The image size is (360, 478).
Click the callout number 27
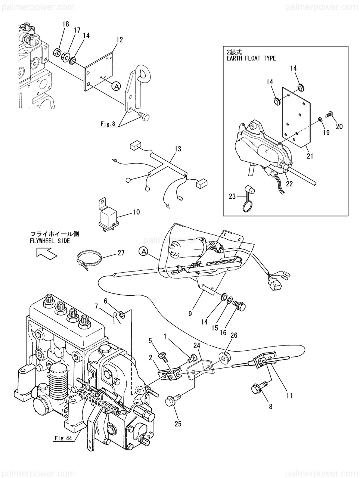[121, 253]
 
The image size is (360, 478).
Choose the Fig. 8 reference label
[108, 124]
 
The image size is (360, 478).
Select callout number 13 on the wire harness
[178, 149]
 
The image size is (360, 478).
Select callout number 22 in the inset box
[289, 184]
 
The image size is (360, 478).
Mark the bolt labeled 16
[239, 305]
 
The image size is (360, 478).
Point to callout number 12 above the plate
[119, 40]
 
